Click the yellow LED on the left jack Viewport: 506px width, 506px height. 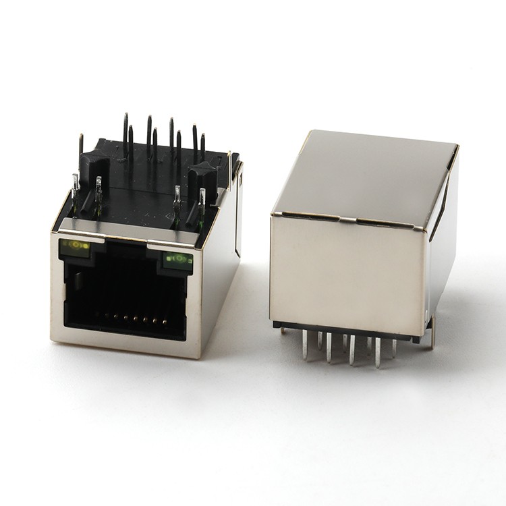pos(75,246)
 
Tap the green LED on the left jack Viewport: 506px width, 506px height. pos(177,259)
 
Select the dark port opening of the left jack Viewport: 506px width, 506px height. pos(125,293)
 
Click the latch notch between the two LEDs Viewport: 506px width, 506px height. pos(126,250)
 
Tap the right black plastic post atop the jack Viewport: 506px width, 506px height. pos(202,177)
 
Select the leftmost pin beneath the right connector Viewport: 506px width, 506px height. pos(305,344)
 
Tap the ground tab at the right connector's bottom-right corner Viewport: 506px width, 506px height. pos(431,334)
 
